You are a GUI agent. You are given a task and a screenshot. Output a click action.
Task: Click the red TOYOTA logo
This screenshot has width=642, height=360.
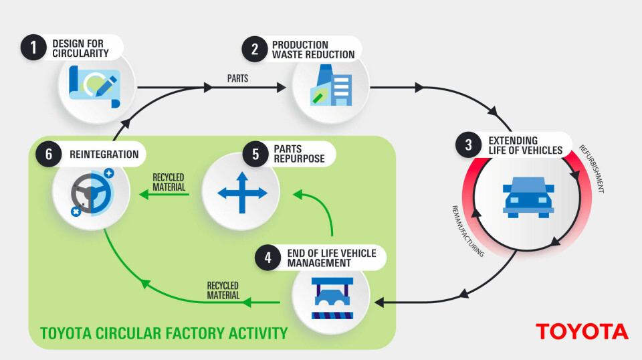581,331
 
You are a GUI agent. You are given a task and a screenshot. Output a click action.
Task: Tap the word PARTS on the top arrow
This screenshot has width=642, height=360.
237,78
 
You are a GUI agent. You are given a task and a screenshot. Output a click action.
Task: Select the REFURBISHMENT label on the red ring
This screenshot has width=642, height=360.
591,169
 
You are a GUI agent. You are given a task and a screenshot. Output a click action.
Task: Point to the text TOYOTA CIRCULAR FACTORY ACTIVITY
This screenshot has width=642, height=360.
164,333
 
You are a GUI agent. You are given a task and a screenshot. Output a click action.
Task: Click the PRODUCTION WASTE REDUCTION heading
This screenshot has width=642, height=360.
312,49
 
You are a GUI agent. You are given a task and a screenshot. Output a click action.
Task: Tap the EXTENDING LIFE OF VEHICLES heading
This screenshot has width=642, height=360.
526,145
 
